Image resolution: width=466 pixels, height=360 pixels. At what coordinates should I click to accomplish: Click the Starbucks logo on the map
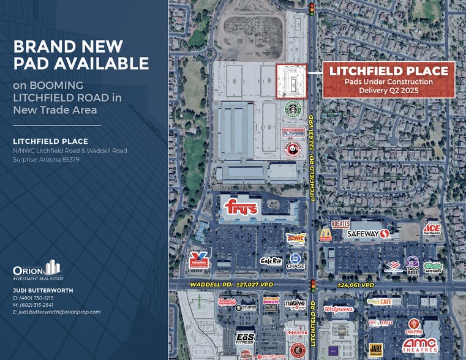293,110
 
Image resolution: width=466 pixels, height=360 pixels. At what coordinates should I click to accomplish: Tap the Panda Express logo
293,149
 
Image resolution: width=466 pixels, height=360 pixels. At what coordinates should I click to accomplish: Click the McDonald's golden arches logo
326,234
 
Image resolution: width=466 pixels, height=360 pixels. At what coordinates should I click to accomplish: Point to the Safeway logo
369,233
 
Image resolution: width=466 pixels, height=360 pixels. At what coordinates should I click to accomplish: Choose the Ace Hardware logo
432,229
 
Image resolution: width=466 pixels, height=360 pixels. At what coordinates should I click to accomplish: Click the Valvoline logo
198,260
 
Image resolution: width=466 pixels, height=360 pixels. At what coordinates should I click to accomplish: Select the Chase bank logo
296,262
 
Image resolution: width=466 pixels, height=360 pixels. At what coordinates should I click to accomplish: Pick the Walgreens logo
339,309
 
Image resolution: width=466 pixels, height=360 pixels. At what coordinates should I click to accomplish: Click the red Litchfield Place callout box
389,80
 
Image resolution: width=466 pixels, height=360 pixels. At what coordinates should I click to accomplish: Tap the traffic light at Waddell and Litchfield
312,285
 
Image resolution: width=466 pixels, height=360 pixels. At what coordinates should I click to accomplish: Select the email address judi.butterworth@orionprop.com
56,312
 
